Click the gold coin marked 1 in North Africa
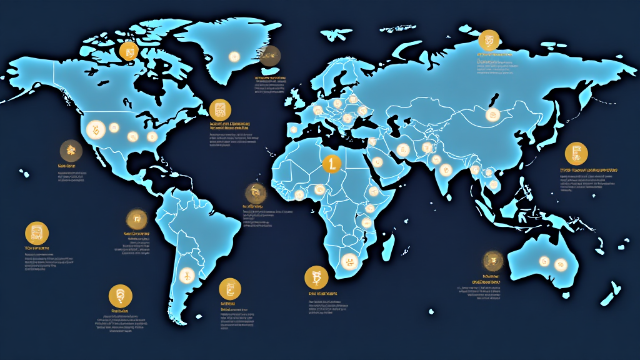[x=331, y=164]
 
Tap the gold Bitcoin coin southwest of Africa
[x=316, y=277]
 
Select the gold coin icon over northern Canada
[x=128, y=51]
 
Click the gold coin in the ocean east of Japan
[x=576, y=154]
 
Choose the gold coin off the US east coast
[x=220, y=110]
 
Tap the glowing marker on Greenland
[x=234, y=56]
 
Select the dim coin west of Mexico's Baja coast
[x=71, y=150]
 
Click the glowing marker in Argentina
[x=186, y=274]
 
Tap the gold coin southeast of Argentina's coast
[x=230, y=287]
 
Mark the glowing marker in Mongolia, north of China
[x=492, y=115]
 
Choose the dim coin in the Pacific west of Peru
[x=136, y=219]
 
